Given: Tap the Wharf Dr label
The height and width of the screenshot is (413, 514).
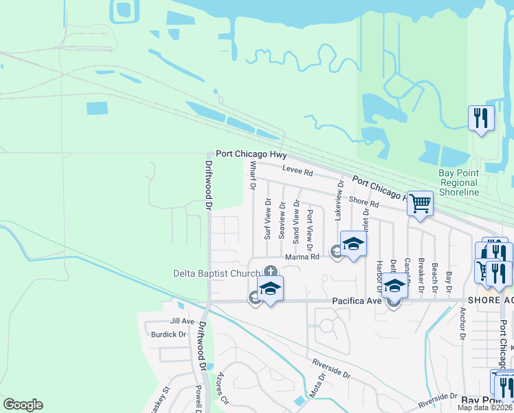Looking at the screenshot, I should [252, 176].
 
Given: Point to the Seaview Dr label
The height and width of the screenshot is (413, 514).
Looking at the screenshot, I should [282, 220].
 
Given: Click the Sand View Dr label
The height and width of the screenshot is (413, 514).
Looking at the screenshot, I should [296, 222].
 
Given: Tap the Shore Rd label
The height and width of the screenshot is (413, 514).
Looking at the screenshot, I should [364, 202].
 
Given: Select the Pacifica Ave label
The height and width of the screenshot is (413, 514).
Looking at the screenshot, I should [357, 301].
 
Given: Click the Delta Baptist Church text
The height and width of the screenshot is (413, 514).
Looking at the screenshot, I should [216, 273].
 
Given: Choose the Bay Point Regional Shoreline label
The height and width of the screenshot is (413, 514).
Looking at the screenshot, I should [458, 183].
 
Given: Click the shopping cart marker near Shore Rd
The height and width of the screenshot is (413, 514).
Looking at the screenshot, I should [420, 203].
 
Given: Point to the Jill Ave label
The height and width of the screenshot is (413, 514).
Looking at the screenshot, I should [182, 321].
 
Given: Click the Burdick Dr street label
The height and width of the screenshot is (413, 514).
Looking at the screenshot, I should [168, 335].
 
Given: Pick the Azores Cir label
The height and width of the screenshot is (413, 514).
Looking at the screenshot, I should [221, 389].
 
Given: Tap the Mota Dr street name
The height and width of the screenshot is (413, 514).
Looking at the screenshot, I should [316, 390].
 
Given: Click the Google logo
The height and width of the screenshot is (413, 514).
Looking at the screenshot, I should [23, 405].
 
